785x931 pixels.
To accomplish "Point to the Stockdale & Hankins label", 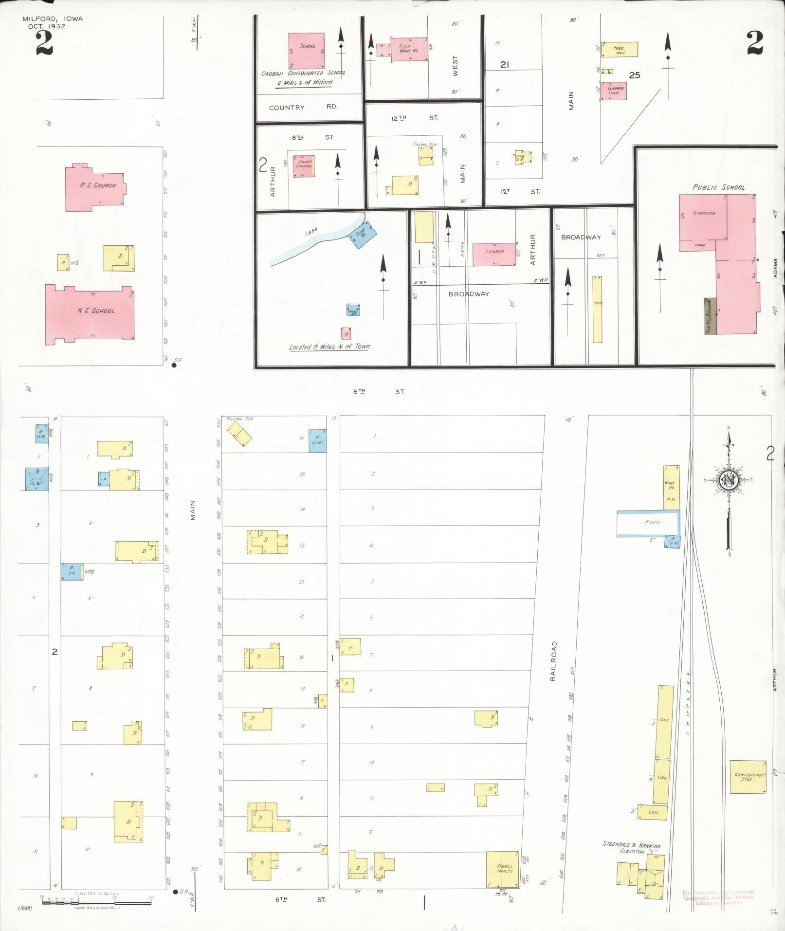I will coord(632,845).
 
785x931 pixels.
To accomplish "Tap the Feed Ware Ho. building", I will coord(409,49).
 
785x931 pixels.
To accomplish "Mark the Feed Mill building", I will coord(620,50).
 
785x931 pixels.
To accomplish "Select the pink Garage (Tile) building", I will coord(614,91).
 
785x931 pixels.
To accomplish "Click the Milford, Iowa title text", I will coord(53,19).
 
